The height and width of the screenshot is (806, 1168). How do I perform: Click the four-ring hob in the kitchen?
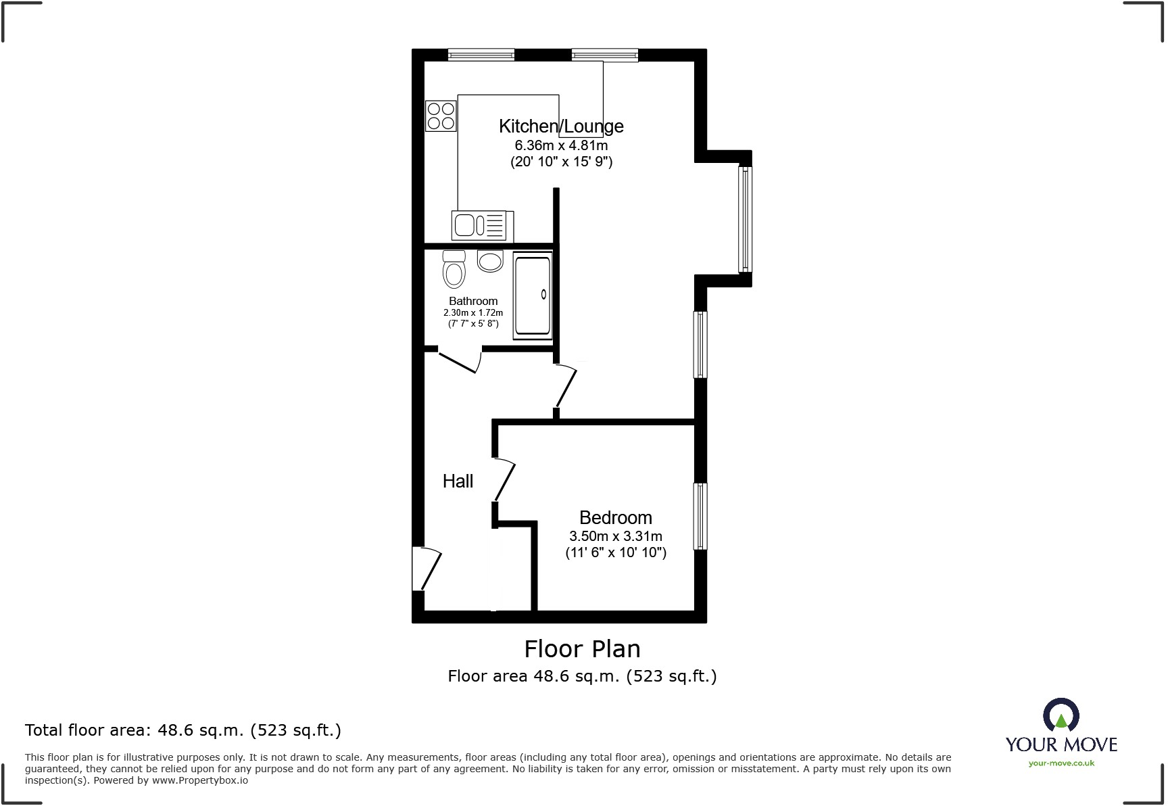(440, 116)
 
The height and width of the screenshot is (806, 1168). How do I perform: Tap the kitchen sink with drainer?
(481, 225)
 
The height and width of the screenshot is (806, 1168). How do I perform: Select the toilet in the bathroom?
(454, 269)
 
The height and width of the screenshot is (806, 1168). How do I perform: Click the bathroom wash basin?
(490, 261)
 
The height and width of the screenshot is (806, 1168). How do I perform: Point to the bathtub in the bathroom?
(533, 295)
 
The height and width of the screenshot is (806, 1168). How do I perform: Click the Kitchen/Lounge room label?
(561, 126)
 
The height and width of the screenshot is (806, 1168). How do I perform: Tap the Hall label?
(458, 481)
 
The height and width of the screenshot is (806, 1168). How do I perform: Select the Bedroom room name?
(615, 518)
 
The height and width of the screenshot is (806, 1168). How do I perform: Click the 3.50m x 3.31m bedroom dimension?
(615, 536)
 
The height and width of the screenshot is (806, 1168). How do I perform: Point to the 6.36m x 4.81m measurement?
(561, 145)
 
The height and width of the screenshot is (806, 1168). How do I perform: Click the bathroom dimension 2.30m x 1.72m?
(473, 313)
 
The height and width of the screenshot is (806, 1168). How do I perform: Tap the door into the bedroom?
(504, 480)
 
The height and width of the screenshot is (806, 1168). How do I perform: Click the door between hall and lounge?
(566, 387)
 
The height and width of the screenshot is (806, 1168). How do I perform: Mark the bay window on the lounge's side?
(744, 219)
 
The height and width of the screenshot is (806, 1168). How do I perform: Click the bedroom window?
(700, 516)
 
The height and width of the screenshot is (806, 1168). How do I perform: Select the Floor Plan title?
(582, 649)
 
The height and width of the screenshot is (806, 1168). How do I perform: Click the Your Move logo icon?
(1061, 715)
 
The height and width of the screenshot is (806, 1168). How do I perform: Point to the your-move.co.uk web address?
(1061, 763)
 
